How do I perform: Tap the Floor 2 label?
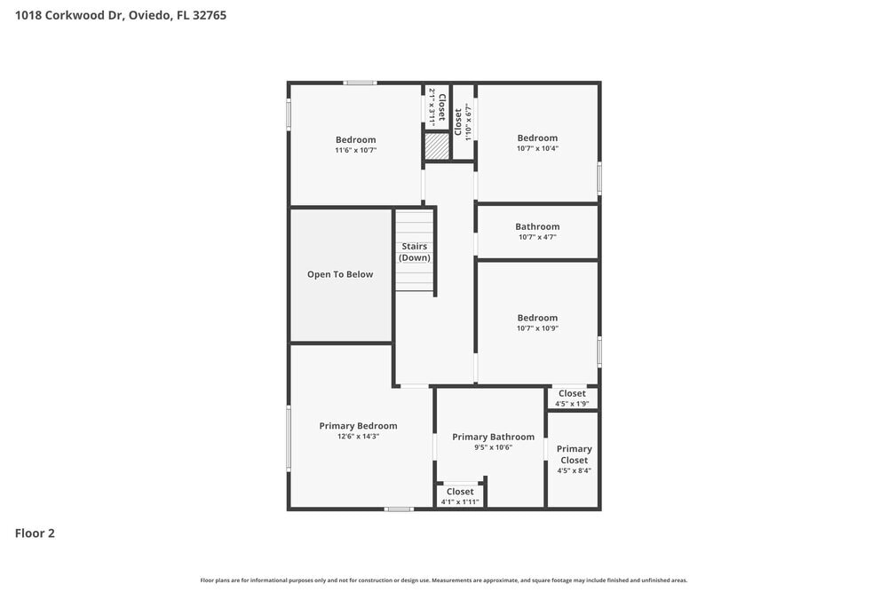pyautogui.click(x=35, y=533)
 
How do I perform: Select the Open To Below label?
pyautogui.click(x=340, y=274)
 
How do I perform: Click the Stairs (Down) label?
pyautogui.click(x=415, y=252)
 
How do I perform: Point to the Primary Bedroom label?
pyautogui.click(x=358, y=426)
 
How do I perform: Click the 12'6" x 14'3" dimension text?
pyautogui.click(x=358, y=437)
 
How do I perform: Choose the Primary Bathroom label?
pyautogui.click(x=493, y=437)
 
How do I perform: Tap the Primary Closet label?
pyautogui.click(x=574, y=454)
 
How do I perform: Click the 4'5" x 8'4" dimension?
pyautogui.click(x=574, y=470)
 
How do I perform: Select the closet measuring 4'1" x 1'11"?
pyautogui.click(x=460, y=496)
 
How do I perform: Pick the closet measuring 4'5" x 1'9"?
pyautogui.click(x=572, y=398)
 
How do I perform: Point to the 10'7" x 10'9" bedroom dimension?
pyautogui.click(x=537, y=328)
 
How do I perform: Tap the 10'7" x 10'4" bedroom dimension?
pyautogui.click(x=537, y=148)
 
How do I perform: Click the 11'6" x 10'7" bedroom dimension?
pyautogui.click(x=355, y=150)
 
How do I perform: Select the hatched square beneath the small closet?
pyautogui.click(x=436, y=146)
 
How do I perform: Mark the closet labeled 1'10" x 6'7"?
pyautogui.click(x=463, y=122)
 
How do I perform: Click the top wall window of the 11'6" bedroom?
pyautogui.click(x=360, y=83)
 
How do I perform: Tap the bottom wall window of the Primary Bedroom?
pyautogui.click(x=399, y=509)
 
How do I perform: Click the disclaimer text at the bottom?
pyautogui.click(x=443, y=580)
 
